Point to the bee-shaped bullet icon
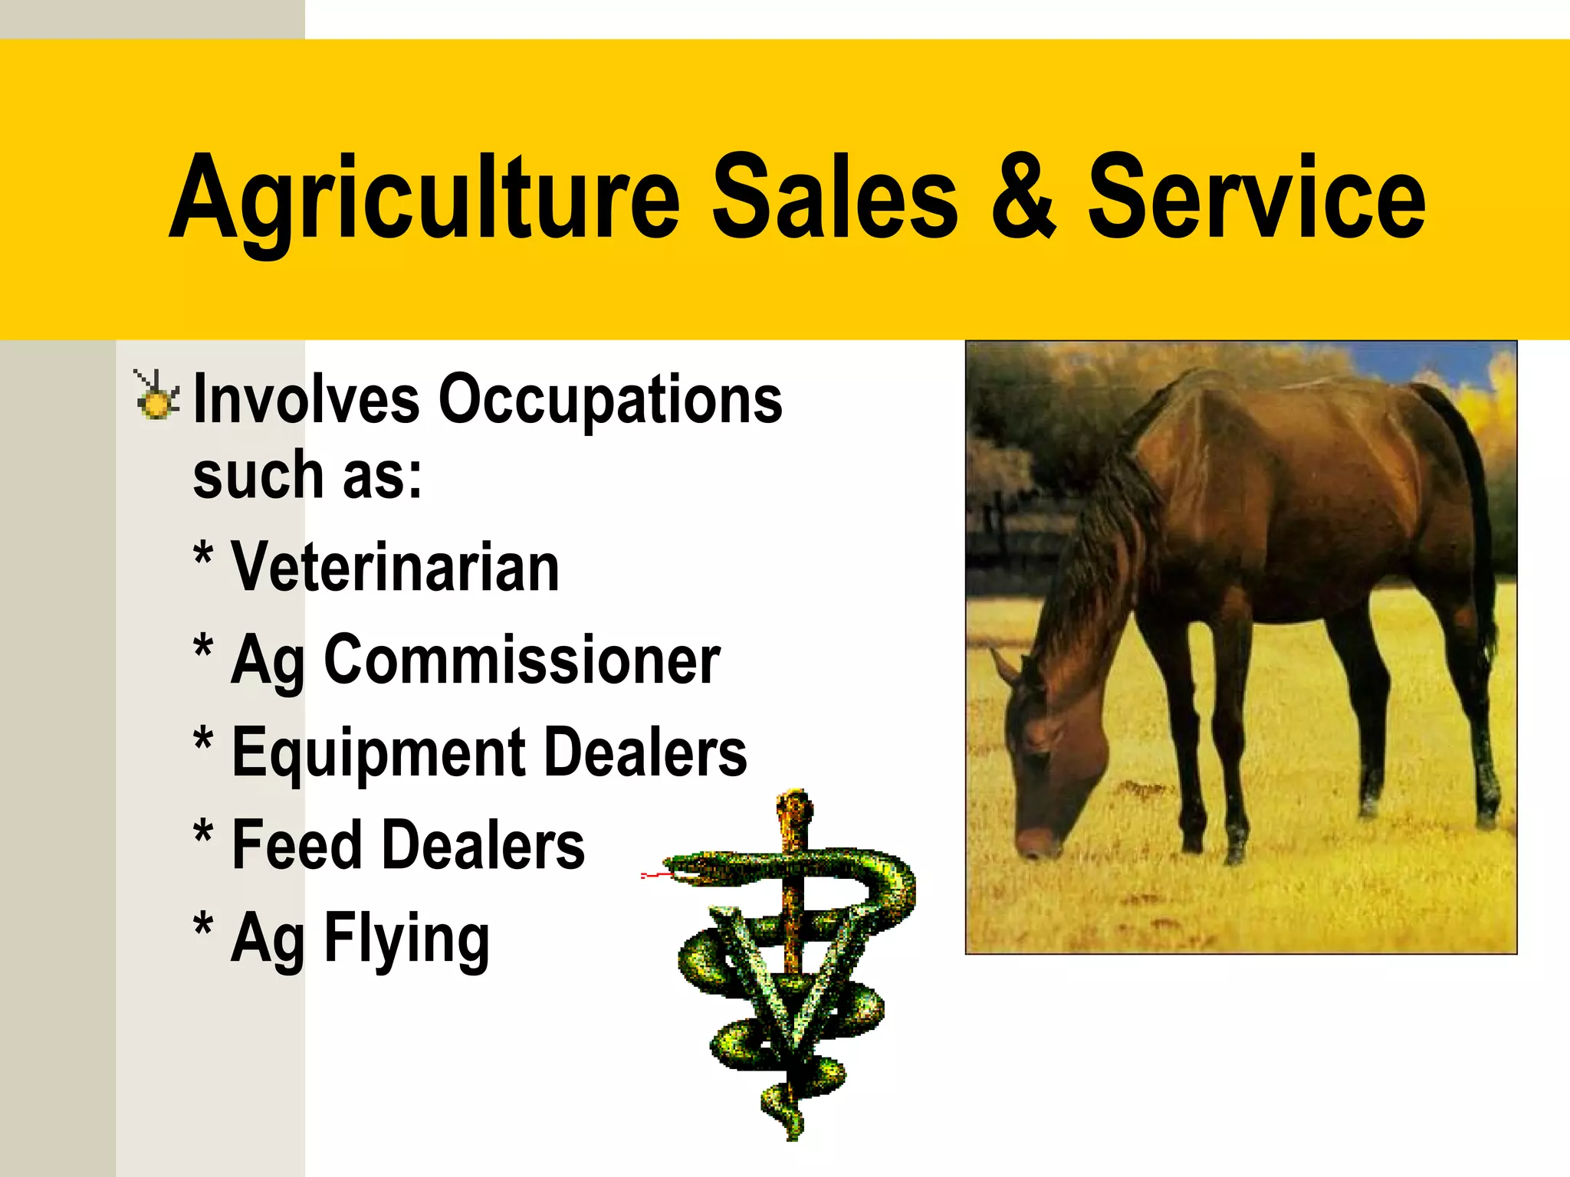(156, 396)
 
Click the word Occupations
(610, 400)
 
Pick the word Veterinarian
(395, 568)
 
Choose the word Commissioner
(522, 661)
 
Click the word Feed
(296, 845)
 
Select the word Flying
(406, 939)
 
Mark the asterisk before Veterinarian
(203, 554)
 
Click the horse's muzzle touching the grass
(1035, 843)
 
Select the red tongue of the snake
(654, 874)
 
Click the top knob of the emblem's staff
(794, 805)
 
